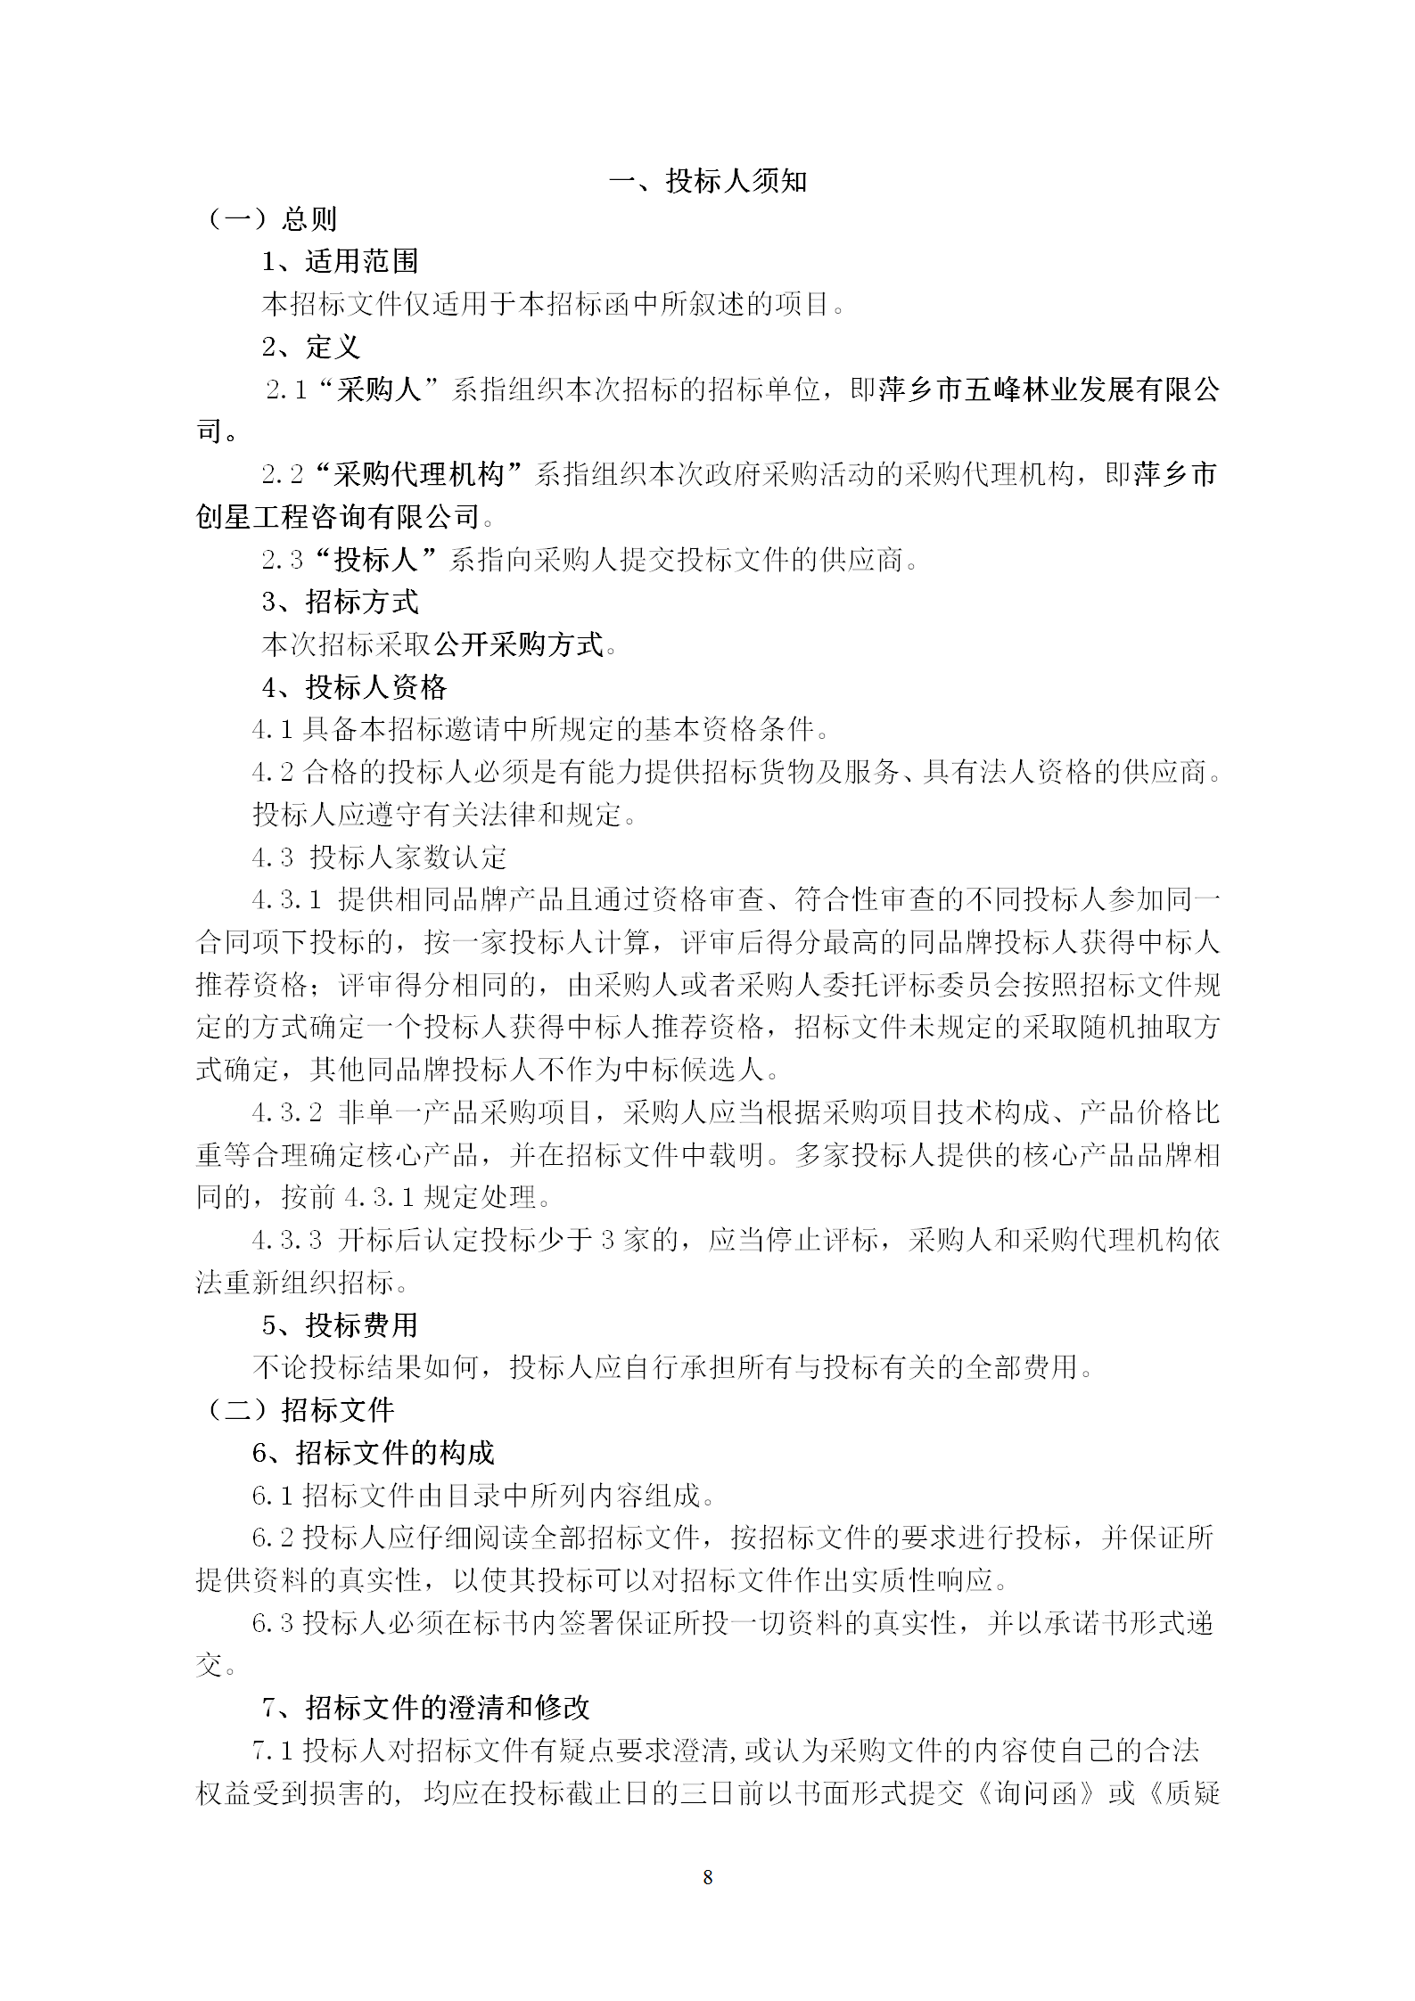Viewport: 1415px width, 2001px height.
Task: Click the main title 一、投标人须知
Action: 708,182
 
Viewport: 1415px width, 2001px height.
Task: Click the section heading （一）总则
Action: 271,219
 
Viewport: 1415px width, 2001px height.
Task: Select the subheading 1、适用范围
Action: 340,261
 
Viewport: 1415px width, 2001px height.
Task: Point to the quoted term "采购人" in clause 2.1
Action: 379,390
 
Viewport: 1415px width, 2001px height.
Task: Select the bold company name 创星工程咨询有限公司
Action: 338,517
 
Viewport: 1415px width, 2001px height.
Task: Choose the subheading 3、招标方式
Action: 340,602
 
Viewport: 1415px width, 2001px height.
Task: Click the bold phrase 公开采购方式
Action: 519,644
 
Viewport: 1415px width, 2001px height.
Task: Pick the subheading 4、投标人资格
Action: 354,687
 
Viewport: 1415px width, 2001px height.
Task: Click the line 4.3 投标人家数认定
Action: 380,857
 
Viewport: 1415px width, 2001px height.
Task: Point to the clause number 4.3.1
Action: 286,900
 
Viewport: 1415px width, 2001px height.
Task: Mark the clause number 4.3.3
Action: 286,1240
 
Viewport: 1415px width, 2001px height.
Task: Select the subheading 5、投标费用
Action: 340,1325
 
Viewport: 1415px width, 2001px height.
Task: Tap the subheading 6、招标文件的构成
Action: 373,1453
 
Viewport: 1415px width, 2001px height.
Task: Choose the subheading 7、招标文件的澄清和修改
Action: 425,1708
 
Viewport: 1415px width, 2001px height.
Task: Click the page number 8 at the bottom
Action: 708,1878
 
